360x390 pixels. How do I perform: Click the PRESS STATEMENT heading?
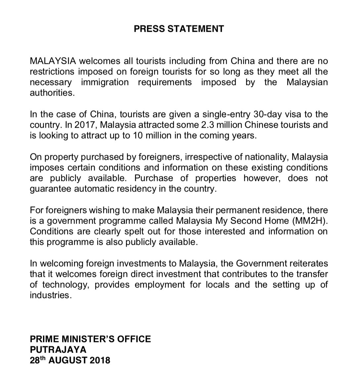point(179,29)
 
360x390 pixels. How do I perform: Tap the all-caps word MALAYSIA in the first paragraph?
point(53,61)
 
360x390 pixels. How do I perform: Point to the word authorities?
point(52,93)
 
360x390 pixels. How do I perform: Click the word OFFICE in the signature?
point(136,339)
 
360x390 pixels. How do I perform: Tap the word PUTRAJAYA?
point(58,350)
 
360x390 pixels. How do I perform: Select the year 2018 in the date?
point(99,360)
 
